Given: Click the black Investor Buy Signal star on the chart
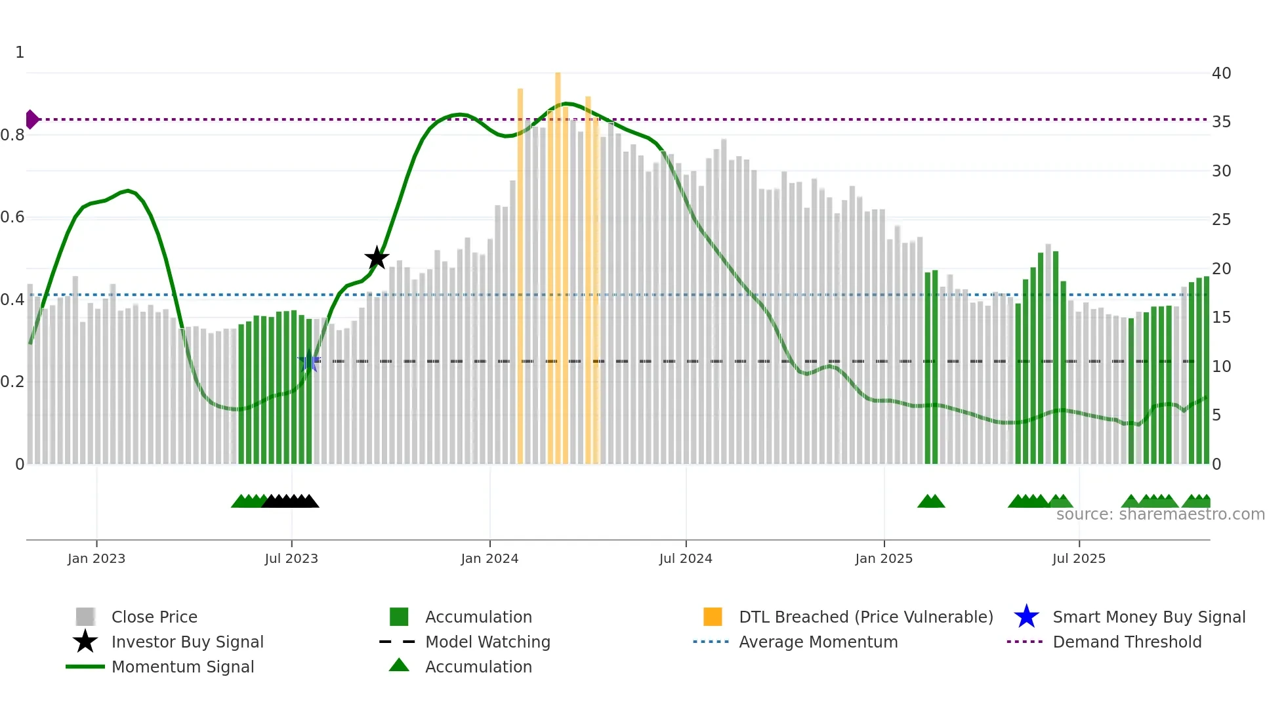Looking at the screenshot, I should [377, 258].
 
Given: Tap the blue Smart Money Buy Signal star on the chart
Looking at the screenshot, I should [309, 361].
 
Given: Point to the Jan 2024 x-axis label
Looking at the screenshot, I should [489, 558].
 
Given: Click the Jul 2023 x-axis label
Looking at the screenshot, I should [291, 558].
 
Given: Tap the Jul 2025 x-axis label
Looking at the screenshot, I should [1079, 558].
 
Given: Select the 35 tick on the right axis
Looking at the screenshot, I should [1221, 122].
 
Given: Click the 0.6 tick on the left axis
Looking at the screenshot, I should [12, 217].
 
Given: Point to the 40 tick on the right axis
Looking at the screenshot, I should [1221, 73].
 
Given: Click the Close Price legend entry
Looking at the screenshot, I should [154, 617].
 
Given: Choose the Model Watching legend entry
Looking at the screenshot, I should [487, 642].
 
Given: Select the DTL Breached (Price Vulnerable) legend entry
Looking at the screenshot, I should [865, 617].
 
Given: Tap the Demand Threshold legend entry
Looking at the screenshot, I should [1127, 642].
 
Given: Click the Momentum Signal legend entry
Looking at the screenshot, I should [182, 667].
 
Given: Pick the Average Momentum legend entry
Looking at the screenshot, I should [818, 642].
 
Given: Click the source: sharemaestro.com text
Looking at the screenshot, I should [1160, 514].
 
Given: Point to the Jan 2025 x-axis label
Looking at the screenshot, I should [884, 558].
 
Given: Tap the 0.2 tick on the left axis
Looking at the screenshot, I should [12, 382].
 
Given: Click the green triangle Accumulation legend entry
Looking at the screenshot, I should [478, 667].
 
